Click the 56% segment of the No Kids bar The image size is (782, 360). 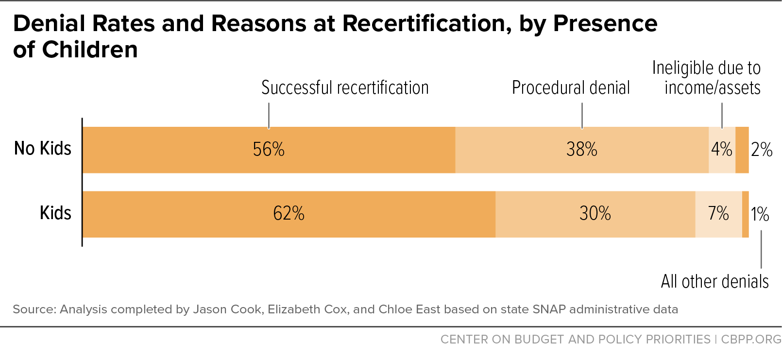269,150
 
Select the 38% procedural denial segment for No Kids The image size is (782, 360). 582,150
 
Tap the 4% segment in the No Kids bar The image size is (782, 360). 722,150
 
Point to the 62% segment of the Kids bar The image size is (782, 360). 289,214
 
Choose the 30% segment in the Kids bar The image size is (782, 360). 595,214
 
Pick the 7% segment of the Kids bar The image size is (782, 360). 718,214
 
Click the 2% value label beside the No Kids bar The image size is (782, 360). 762,150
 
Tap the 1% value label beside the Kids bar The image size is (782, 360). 760,214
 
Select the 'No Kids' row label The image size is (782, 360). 43,148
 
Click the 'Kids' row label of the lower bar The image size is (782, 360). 55,212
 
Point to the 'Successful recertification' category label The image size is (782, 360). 345,87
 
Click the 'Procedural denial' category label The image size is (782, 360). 571,87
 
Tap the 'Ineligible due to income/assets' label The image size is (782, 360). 706,78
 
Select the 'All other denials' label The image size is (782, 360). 714,281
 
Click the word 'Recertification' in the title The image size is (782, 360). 426,24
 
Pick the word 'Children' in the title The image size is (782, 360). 90,50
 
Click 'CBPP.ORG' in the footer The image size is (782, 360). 751,339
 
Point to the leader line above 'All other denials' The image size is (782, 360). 761,249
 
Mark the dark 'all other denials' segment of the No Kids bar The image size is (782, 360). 742,150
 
